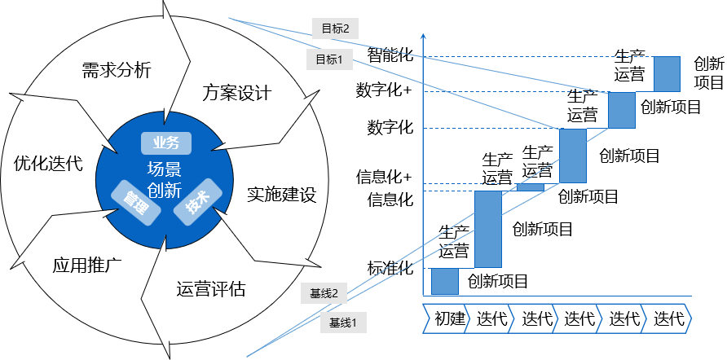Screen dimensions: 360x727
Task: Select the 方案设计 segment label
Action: (x=236, y=92)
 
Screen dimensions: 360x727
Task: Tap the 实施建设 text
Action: (x=281, y=195)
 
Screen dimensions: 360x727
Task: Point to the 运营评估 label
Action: (x=211, y=289)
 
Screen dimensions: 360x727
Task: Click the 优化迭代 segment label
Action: (x=49, y=163)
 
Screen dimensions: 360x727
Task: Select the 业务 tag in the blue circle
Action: (x=165, y=143)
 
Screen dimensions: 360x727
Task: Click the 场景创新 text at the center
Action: (x=165, y=180)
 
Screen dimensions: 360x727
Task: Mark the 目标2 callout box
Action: (x=335, y=29)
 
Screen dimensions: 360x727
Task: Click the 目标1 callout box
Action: (x=329, y=59)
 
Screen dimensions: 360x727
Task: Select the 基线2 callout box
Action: (x=324, y=292)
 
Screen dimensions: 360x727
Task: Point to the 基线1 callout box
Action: (x=343, y=322)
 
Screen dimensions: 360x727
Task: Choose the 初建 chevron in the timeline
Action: (x=448, y=319)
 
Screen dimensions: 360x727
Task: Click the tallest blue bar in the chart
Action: (x=487, y=229)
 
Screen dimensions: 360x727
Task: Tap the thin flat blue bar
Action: (x=530, y=187)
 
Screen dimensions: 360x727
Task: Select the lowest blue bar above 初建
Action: (x=444, y=281)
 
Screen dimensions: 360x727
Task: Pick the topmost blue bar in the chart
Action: (x=667, y=73)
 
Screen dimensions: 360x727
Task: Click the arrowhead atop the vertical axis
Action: (x=424, y=37)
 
